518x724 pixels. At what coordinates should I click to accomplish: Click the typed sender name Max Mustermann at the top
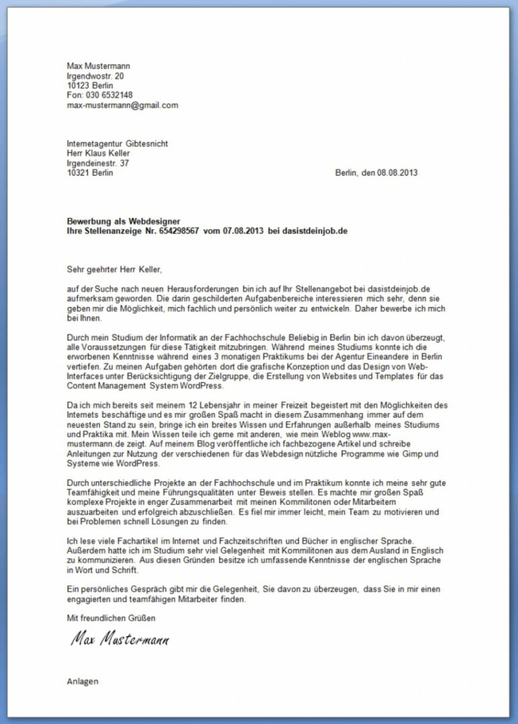(x=98, y=65)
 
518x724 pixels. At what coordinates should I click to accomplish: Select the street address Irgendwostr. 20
(x=95, y=76)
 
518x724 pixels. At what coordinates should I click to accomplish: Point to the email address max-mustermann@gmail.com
(x=122, y=105)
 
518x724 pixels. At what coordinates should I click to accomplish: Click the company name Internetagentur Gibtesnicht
(x=117, y=144)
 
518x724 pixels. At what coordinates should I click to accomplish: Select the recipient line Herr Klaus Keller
(x=98, y=153)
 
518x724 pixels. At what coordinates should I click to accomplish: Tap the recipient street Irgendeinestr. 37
(x=98, y=163)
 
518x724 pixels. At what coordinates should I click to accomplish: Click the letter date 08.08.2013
(x=395, y=173)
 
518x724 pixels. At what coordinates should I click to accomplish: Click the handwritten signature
(x=119, y=639)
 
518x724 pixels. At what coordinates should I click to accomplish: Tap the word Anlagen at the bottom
(x=83, y=681)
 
